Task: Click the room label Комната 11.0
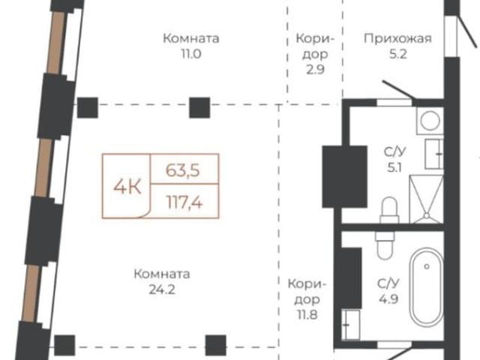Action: (190, 46)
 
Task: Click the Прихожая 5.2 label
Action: (397, 46)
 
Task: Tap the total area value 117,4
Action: (185, 201)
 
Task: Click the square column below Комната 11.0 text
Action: (198, 107)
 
